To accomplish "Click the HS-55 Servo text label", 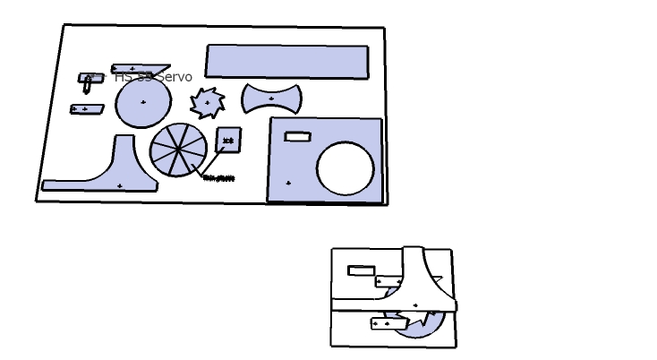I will (153, 78).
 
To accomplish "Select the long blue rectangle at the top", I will (286, 61).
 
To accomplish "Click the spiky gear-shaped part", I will (208, 103).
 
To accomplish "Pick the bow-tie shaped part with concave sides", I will (271, 99).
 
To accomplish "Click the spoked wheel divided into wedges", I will (177, 150).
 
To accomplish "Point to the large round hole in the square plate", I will (346, 168).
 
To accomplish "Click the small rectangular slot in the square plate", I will (297, 136).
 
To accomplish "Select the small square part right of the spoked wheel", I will (228, 140).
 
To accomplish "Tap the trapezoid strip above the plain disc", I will (140, 68).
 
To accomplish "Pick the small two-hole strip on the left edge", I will (86, 109).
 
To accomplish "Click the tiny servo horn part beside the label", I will (89, 81).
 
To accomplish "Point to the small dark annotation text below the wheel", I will (219, 178).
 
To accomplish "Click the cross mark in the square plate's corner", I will (288, 183).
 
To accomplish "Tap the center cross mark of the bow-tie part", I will (271, 99).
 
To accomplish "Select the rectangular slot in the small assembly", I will (361, 270).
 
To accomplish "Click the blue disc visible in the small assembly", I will (421, 328).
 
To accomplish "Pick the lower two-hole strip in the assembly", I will (388, 323).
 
